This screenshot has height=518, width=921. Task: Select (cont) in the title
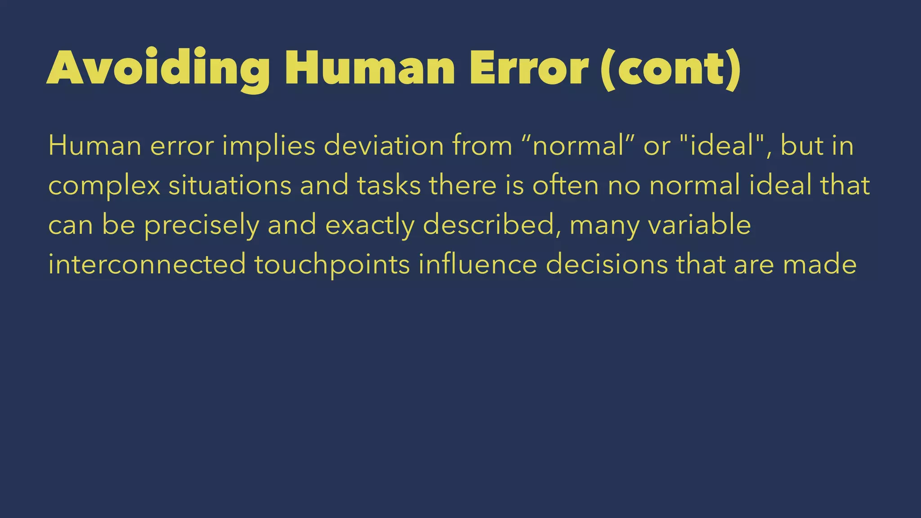(670, 69)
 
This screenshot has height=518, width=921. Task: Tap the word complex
(104, 186)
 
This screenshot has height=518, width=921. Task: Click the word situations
(230, 186)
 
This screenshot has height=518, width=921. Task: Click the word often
(566, 186)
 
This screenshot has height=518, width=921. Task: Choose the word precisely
(201, 225)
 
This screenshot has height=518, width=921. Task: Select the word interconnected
(147, 264)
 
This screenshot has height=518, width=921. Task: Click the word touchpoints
(332, 264)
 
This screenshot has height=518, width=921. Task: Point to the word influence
(478, 264)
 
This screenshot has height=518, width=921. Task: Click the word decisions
(607, 264)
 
